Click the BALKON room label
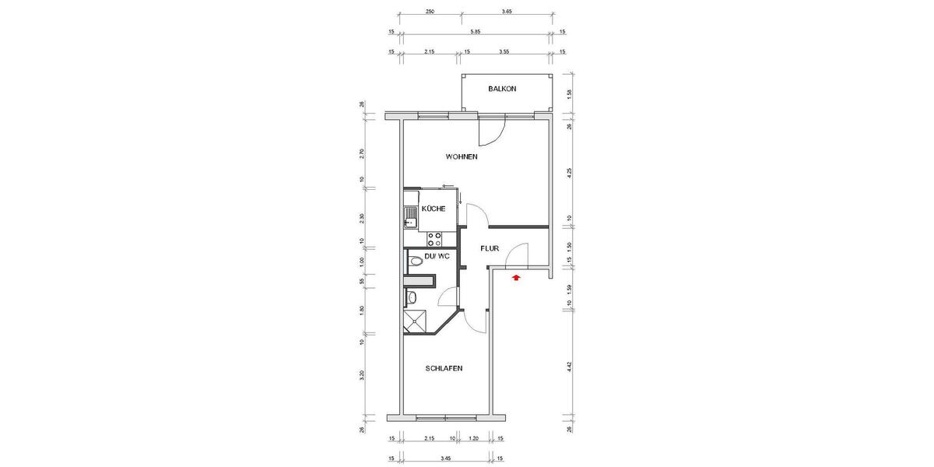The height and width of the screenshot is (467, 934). pyautogui.click(x=502, y=90)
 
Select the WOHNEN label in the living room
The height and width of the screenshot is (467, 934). pyautogui.click(x=462, y=157)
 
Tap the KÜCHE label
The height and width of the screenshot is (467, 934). pyautogui.click(x=434, y=209)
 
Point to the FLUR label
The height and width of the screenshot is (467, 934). pyautogui.click(x=489, y=250)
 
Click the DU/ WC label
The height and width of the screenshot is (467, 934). pyautogui.click(x=437, y=256)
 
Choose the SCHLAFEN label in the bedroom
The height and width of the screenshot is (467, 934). pyautogui.click(x=444, y=368)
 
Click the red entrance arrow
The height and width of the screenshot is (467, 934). pyautogui.click(x=515, y=275)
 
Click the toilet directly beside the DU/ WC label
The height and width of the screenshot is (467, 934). pyautogui.click(x=416, y=260)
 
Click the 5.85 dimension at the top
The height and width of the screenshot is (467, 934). pyautogui.click(x=474, y=32)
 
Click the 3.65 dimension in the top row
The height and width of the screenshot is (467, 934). pyautogui.click(x=506, y=12)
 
